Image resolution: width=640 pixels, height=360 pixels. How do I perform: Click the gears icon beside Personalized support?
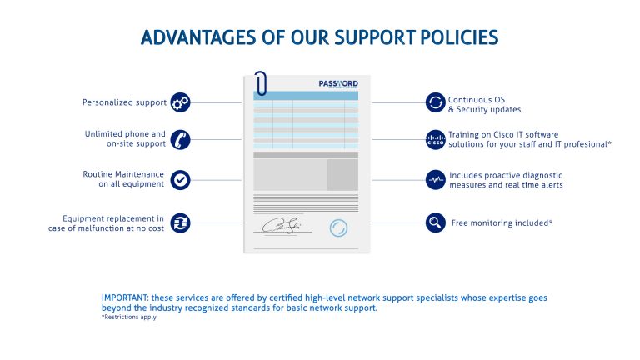180,102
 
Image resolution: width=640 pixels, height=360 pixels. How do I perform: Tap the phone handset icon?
180,140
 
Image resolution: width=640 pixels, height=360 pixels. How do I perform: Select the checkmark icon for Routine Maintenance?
180,180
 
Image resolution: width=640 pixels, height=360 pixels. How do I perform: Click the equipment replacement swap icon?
180,223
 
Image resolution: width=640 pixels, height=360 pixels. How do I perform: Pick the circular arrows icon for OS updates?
436,102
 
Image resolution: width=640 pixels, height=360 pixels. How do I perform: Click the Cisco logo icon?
436,140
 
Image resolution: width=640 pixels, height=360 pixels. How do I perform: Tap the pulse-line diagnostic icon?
436,180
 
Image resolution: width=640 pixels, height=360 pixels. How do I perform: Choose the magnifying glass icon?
436,222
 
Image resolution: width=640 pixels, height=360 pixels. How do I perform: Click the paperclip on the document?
260,83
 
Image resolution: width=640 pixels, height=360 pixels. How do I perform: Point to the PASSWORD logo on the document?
338,83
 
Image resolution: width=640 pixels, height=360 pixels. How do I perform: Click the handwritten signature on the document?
282,226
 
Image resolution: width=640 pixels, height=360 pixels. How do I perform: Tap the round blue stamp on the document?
338,227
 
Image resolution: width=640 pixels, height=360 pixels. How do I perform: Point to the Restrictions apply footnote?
129,317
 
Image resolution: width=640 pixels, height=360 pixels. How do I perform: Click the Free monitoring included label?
502,222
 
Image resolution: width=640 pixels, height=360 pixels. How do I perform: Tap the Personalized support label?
124,102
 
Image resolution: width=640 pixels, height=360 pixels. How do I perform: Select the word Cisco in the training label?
503,134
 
